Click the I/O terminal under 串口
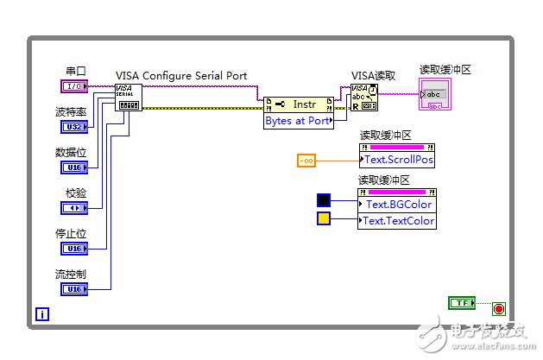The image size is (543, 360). (x=73, y=86)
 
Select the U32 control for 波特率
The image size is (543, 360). (x=73, y=127)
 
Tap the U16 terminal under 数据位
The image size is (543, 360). (x=73, y=167)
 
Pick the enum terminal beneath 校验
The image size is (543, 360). (x=73, y=208)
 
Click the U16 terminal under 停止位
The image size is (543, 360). (x=73, y=249)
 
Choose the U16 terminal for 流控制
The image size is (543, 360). (x=73, y=289)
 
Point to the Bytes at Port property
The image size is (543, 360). (x=298, y=121)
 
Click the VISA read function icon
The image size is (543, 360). (x=363, y=98)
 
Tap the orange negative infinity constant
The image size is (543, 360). (x=307, y=161)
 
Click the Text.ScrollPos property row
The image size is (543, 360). (x=397, y=160)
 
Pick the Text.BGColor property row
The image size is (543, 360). (x=397, y=205)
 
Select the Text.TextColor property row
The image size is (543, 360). (x=397, y=221)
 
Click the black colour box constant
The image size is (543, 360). (x=324, y=201)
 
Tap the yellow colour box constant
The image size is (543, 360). (x=324, y=219)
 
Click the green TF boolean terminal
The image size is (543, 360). (x=462, y=302)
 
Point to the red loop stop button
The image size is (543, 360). (x=498, y=308)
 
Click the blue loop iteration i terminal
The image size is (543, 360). (x=41, y=314)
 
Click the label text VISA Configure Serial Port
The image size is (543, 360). (x=181, y=76)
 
